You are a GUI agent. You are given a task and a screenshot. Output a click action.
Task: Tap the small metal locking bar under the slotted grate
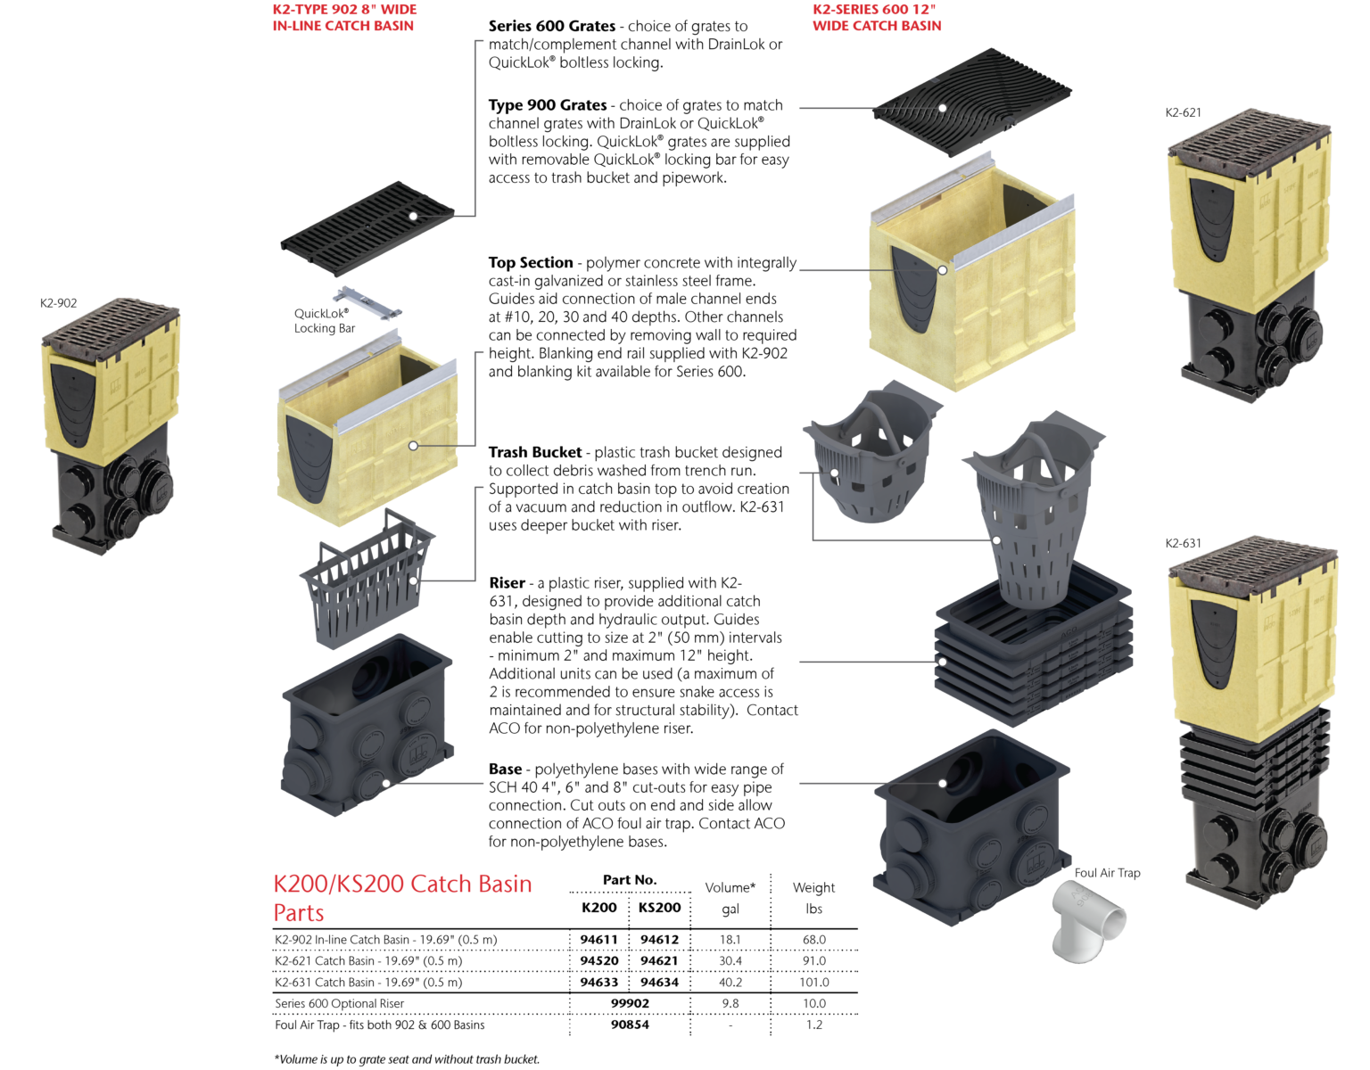click(367, 302)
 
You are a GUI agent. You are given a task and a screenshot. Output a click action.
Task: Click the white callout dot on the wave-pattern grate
click(942, 108)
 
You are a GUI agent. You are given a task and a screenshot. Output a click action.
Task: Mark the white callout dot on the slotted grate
click(413, 217)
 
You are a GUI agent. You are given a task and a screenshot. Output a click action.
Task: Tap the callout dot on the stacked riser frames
click(942, 662)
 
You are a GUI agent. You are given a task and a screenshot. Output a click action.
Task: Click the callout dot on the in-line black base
click(386, 784)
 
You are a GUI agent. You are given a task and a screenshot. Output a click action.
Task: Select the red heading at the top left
click(344, 17)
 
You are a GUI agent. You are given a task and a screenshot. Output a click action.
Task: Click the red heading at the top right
click(877, 17)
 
